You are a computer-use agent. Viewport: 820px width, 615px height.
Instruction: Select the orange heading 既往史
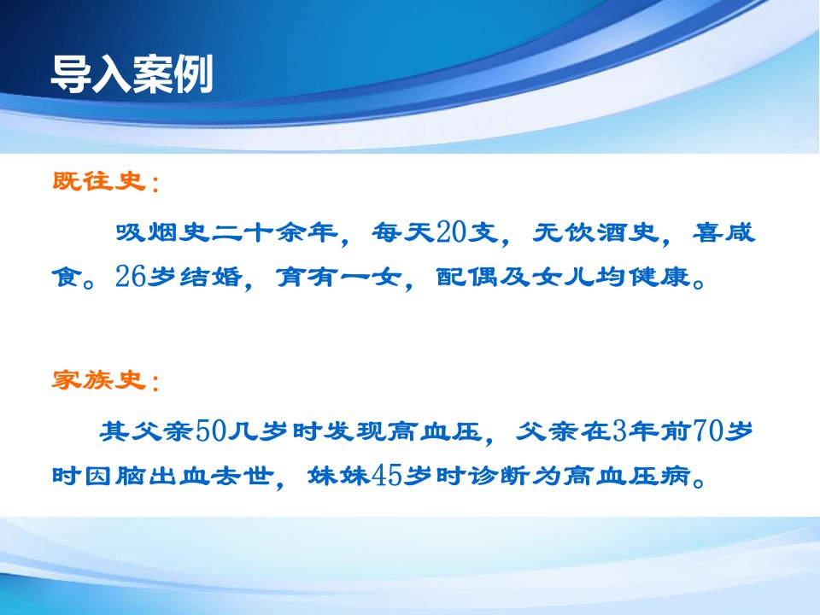click(99, 181)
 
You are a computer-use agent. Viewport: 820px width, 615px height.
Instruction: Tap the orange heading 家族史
click(99, 379)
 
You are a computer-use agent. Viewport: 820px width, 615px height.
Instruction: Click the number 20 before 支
click(451, 232)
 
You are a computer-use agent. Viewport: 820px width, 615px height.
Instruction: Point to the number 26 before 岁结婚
click(130, 276)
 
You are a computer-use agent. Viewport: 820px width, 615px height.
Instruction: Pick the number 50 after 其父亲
click(211, 430)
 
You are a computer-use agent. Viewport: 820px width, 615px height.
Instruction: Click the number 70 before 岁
click(707, 430)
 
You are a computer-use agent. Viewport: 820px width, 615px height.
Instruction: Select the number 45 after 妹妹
click(386, 476)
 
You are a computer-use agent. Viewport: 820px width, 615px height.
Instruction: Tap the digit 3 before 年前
click(619, 430)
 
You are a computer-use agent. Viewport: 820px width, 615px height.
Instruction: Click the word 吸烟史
click(162, 232)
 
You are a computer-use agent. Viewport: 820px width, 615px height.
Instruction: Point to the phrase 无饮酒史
click(596, 232)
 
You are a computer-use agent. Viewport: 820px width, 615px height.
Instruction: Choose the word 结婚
click(211, 277)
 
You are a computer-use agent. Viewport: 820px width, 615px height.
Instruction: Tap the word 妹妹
click(339, 476)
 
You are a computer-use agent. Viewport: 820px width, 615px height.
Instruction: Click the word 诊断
click(499, 476)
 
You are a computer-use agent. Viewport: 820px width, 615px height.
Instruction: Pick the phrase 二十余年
click(274, 232)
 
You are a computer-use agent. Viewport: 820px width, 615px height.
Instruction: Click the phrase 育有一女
click(339, 277)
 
